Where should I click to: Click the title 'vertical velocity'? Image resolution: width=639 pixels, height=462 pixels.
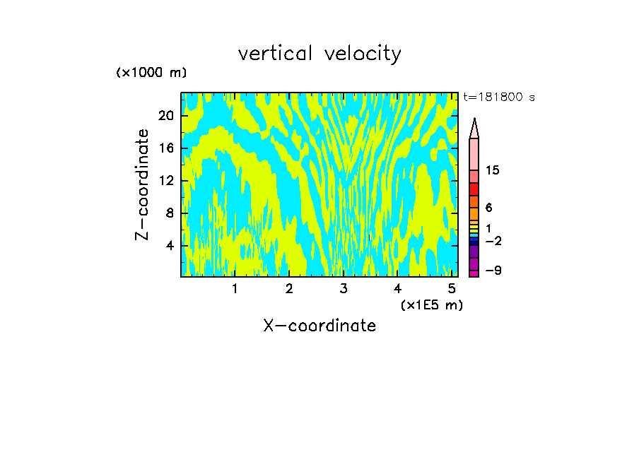319,54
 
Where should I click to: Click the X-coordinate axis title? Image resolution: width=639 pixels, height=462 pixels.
319,326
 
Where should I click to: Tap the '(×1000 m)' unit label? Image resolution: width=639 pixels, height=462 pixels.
151,73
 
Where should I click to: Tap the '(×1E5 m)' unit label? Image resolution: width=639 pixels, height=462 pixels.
431,304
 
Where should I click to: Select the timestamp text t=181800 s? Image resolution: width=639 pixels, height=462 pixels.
499,97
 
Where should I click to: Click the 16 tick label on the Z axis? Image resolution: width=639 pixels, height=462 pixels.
167,148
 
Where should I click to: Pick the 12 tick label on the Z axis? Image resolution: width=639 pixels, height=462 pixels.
167,180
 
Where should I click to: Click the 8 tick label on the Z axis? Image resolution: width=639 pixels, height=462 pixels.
170,213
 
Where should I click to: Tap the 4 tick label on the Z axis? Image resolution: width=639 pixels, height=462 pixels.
170,246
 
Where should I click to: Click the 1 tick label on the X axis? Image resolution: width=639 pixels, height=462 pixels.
235,289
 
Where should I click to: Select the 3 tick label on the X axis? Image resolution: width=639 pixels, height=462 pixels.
343,289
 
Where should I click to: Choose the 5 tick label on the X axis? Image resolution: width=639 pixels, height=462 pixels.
451,289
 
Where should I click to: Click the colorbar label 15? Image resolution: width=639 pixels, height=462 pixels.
493,170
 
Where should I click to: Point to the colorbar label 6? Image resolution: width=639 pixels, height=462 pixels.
488,208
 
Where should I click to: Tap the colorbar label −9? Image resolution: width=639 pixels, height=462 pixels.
493,271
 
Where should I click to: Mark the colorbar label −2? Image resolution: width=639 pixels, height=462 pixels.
493,241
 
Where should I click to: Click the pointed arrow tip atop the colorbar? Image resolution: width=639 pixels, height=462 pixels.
474,122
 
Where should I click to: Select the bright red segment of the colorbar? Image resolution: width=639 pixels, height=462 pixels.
474,189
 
